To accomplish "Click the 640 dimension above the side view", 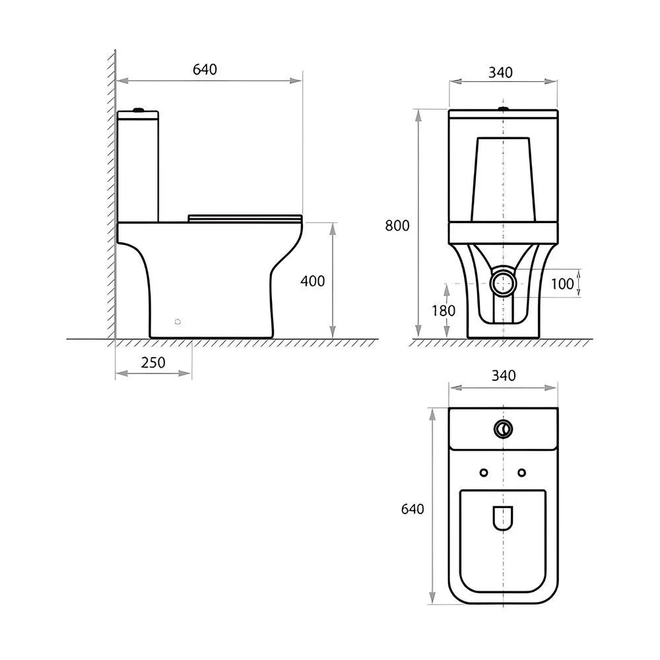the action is click(205, 69).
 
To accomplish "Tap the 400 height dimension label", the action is click(312, 280).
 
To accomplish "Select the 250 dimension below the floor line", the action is click(153, 362).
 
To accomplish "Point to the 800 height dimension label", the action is click(397, 226).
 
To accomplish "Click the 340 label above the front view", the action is click(500, 73).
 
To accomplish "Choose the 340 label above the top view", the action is click(504, 376).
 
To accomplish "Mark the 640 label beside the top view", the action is click(412, 510).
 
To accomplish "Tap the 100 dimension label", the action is click(562, 284).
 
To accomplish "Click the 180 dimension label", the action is click(444, 311).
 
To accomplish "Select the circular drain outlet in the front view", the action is click(504, 283).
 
